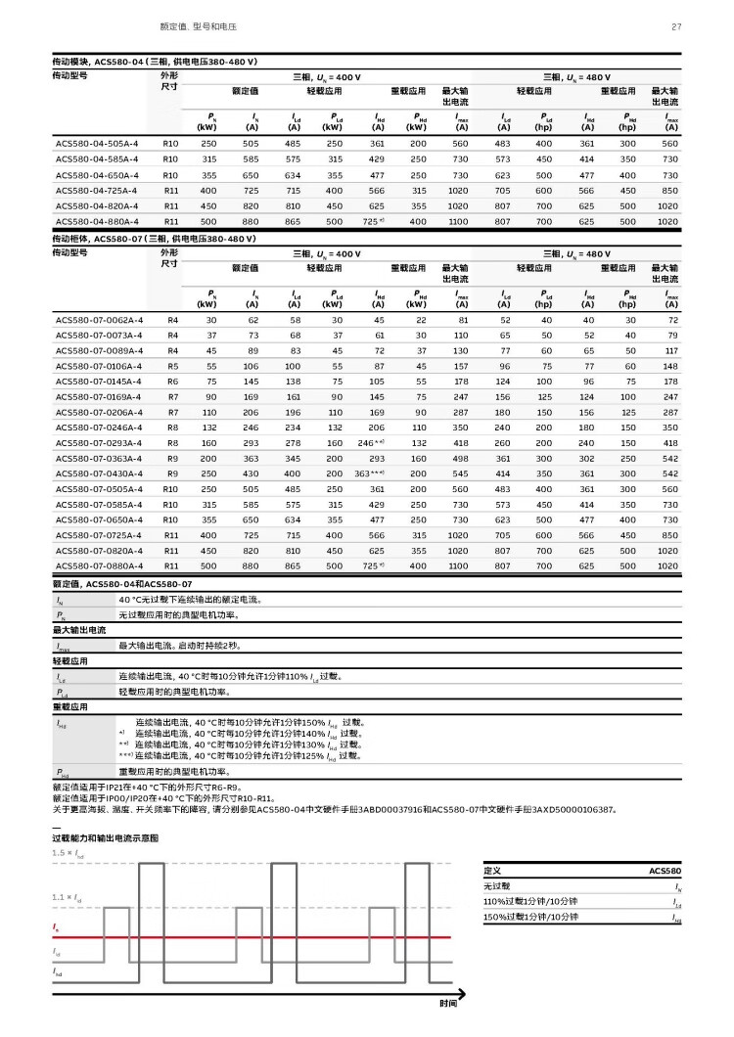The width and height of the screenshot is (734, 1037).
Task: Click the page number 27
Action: (675, 26)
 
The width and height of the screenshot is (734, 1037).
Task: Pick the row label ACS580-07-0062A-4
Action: (99, 320)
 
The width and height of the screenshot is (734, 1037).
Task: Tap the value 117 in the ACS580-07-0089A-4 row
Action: (671, 350)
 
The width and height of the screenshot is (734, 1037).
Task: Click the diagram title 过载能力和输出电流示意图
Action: (105, 838)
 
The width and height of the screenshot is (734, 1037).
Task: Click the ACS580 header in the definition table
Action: (665, 870)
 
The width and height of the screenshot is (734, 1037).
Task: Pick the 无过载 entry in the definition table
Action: (498, 885)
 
